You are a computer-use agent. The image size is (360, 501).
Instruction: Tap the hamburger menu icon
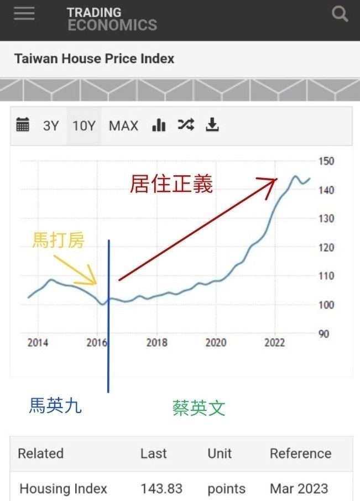pos(24,13)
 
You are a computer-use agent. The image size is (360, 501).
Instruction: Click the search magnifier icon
pos(340,14)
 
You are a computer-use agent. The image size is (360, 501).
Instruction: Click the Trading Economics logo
pos(112,19)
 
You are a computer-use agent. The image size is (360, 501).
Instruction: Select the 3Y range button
pos(51,126)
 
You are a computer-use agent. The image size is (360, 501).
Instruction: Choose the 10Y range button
pos(84,126)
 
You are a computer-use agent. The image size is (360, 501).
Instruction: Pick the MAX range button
pos(123,126)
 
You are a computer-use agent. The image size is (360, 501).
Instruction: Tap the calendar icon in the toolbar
pos(23,124)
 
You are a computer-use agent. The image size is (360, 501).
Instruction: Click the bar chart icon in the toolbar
pos(159,125)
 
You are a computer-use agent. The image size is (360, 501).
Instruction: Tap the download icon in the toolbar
pos(212,124)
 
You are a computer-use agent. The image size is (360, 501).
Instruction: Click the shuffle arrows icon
pos(186,124)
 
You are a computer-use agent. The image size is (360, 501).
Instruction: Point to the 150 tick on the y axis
pos(326,161)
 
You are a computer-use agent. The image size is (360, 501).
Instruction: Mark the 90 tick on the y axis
pos(324,334)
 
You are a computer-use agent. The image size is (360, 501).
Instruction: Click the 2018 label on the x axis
pos(156,342)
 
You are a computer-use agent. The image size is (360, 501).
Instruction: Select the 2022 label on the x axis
pos(274,342)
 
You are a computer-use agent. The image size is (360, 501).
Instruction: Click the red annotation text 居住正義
pos(171,184)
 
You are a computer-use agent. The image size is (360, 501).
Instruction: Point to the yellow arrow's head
pos(96,284)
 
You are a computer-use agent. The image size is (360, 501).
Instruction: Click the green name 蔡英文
pos(199,408)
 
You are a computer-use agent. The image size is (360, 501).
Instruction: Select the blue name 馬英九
pos(55,405)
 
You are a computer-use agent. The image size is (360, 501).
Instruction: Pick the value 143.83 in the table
pos(161,488)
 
